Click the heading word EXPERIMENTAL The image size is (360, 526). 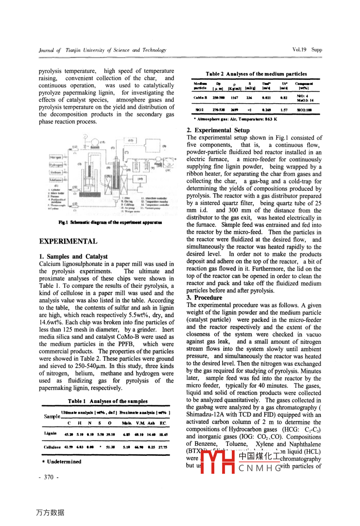68,241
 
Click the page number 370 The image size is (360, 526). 49,477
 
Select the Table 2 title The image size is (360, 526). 256,74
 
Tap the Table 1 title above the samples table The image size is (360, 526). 108,401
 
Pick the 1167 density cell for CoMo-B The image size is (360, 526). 234,98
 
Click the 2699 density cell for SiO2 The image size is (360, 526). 234,110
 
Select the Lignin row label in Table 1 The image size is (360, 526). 50,434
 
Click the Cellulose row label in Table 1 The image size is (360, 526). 52,447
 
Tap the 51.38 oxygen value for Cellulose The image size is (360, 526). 110,447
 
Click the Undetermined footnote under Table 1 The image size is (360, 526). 62,461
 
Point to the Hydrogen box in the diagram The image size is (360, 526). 56,165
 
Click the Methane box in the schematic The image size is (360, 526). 56,180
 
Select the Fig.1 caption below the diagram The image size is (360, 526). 110,223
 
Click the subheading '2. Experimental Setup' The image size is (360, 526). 218,130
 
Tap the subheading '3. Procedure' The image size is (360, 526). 205,298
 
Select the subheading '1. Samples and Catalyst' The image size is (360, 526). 73,256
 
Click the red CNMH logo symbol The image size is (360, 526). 217,461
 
